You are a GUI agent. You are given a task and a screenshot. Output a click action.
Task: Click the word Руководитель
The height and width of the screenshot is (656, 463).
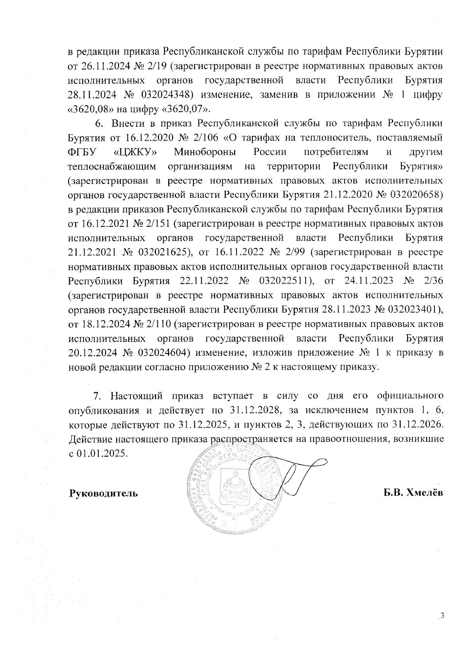pos(103,493)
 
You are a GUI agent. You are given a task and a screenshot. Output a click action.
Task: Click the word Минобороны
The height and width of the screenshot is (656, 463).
pos(205,152)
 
